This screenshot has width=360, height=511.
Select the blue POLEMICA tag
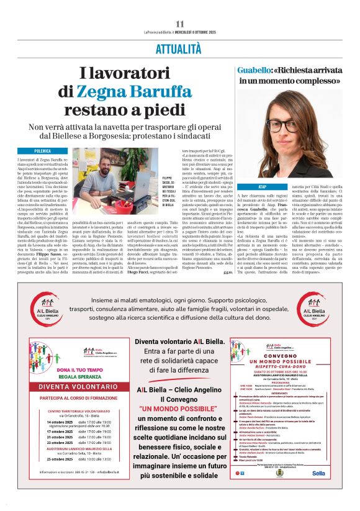43,151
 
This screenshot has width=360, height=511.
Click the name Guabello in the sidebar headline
255,70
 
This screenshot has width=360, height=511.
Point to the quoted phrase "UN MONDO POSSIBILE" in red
180,410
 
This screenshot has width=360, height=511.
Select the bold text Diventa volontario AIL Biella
180,341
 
